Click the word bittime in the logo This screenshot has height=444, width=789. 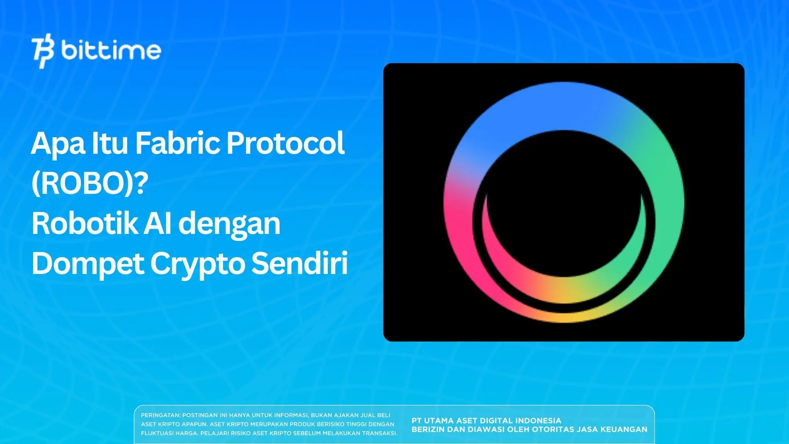pos(111,50)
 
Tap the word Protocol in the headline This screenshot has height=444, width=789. pos(285,143)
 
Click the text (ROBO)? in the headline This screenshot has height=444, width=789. pos(90,183)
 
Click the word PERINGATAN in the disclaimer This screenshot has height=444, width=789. pos(160,415)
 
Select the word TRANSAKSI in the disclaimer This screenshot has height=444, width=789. pos(379,433)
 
